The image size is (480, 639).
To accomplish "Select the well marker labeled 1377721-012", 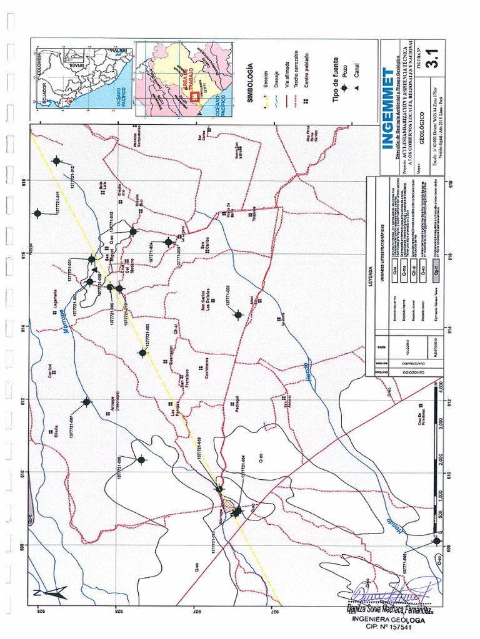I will click(x=57, y=161).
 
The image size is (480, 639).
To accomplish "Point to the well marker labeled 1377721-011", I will click(x=37, y=213).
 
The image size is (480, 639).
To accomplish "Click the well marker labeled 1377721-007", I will click(x=87, y=402).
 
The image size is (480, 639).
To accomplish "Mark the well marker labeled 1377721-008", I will click(x=141, y=460).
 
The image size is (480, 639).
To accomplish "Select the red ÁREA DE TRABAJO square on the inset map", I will click(x=195, y=97).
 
